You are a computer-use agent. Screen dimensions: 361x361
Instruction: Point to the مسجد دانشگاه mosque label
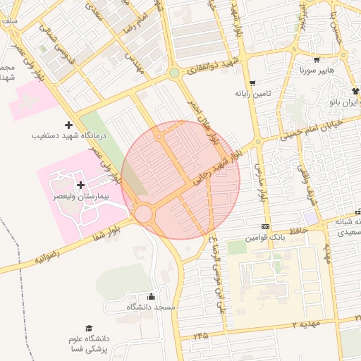(x=151, y=307)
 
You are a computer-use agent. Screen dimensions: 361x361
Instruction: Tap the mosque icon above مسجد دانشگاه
(x=150, y=297)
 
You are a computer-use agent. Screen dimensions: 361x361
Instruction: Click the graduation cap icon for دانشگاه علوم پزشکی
(x=89, y=328)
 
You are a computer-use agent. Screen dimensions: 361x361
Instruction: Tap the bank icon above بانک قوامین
(x=265, y=226)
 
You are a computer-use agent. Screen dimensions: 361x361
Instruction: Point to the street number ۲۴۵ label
(x=200, y=336)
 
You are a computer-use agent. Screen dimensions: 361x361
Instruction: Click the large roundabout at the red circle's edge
(x=146, y=213)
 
